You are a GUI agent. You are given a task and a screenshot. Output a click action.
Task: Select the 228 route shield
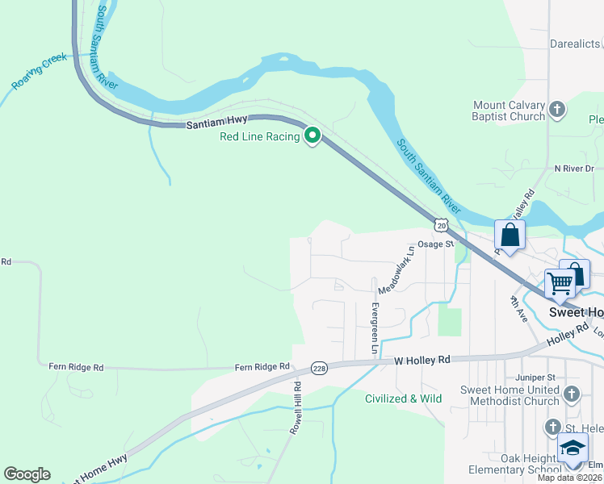coord(320,368)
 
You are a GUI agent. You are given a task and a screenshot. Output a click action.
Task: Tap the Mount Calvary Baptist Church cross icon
coord(556,109)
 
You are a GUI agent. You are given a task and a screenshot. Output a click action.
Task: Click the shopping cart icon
coord(560,282)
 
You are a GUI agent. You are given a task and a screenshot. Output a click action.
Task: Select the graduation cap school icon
coord(573,449)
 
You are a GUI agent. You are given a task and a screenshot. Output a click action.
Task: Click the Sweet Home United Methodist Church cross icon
coord(572,394)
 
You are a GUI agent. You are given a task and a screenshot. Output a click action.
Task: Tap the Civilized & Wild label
coord(403,398)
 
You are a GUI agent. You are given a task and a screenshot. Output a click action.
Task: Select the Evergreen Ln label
coord(375,328)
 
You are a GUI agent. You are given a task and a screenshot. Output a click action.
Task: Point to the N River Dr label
coord(573,169)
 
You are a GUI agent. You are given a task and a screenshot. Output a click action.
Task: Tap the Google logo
coord(27,474)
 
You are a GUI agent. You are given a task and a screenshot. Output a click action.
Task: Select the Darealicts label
coord(576,45)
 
